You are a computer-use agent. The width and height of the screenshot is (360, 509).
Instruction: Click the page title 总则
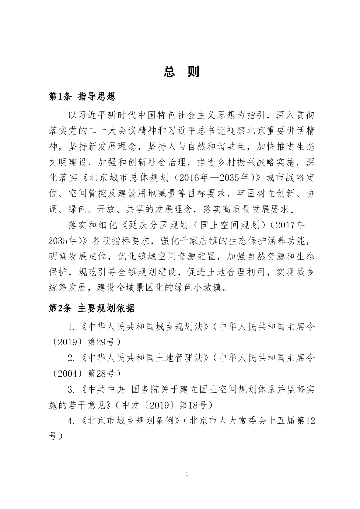tap(181, 72)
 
